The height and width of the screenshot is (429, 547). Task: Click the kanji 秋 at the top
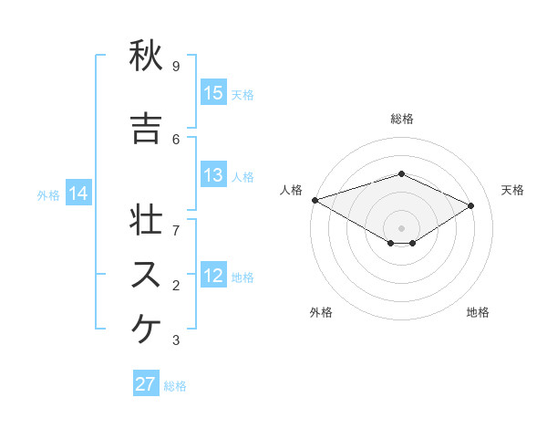146,57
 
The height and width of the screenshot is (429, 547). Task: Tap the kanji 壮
146,220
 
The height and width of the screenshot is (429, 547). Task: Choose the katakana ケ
146,330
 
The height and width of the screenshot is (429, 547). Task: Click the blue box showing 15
213,93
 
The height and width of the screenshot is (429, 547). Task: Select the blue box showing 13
213,176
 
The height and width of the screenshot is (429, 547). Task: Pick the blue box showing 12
213,277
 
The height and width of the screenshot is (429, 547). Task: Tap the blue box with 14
78,194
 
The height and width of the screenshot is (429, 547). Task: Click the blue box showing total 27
146,384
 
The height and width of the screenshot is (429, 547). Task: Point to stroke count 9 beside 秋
176,66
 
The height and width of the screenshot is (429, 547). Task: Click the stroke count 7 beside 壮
176,221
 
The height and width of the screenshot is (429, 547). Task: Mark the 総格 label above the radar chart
401,119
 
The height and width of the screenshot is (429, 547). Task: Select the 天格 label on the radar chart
512,190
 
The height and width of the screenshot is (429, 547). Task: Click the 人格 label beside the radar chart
291,190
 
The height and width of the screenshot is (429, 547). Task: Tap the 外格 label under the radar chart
321,312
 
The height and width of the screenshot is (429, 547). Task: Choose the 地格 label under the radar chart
478,312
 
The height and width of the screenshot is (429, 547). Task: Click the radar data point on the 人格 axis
315,200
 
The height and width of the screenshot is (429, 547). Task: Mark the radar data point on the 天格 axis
471,205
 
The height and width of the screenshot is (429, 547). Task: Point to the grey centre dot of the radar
401,227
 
